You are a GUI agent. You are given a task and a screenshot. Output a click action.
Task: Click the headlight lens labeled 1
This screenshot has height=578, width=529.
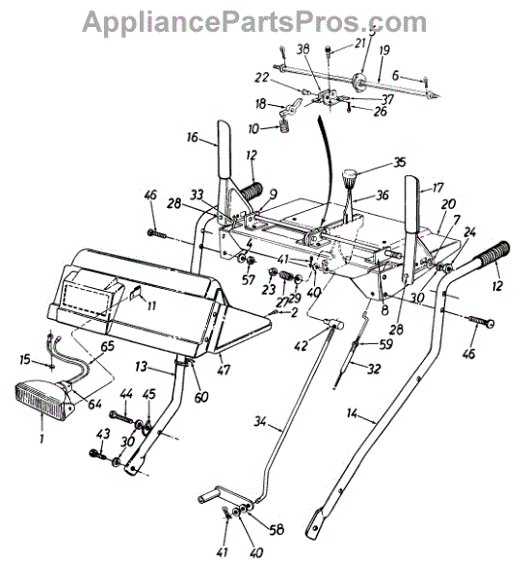(40, 401)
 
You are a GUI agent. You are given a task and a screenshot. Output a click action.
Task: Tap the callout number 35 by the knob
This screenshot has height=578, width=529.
(399, 162)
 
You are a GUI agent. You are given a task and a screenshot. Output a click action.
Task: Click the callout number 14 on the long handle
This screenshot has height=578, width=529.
(352, 414)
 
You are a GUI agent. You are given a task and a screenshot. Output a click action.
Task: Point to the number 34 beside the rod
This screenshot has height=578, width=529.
(260, 421)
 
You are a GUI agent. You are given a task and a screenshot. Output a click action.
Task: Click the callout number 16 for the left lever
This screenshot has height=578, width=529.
(192, 137)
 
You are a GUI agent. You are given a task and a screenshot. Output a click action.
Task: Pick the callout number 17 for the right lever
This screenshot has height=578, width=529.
(437, 188)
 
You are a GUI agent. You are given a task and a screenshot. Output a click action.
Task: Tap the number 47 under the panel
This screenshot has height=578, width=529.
(224, 370)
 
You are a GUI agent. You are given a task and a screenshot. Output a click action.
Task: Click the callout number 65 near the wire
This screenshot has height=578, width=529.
(107, 347)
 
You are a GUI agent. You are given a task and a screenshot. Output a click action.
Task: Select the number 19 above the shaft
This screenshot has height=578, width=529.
(384, 50)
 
